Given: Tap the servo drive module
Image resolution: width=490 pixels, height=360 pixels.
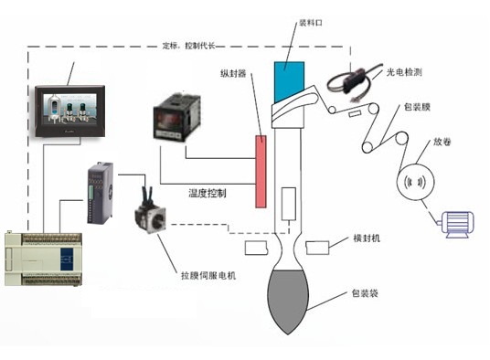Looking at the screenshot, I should pyautogui.click(x=99, y=195).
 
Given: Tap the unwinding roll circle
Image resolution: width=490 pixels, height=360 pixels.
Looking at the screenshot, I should pyautogui.click(x=413, y=182).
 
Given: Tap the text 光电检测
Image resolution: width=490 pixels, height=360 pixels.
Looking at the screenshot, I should pyautogui.click(x=420, y=72).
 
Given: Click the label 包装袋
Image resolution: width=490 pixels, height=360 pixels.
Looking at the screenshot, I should pyautogui.click(x=367, y=294).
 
